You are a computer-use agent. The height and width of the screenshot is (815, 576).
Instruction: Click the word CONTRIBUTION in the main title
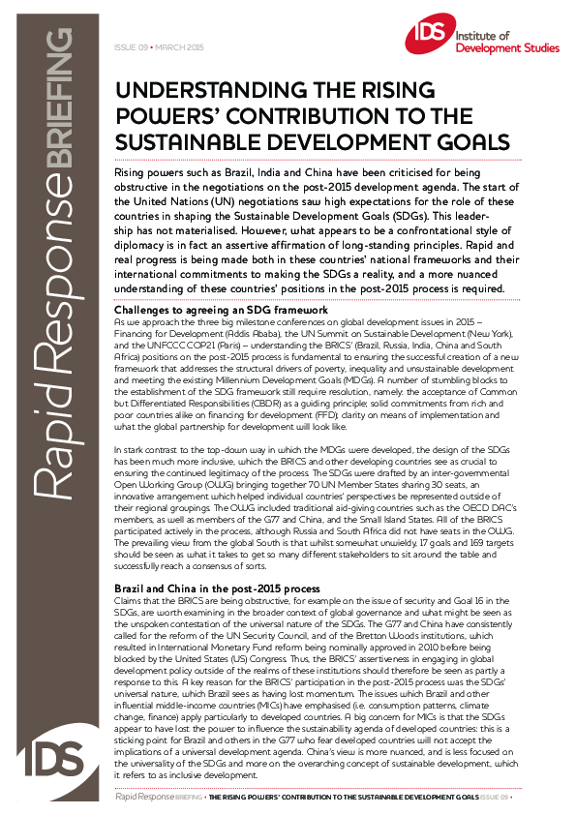[347, 116]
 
